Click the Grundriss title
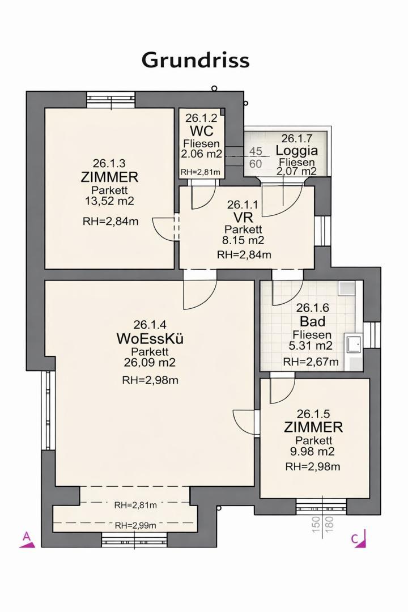pos(195,59)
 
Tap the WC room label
pos(201,131)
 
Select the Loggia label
pos(297,151)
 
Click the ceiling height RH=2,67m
pos(311,362)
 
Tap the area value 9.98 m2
pos(313,452)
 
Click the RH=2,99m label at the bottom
pos(135,525)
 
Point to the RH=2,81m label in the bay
pos(135,505)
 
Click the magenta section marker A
pos(27,539)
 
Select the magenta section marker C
pos(359,539)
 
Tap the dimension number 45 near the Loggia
pos(256,151)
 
